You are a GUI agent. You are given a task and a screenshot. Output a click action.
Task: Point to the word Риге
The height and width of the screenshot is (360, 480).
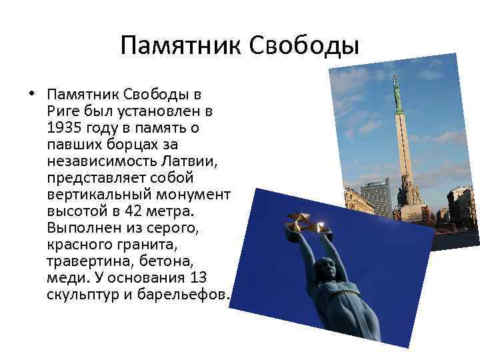[x=64, y=110]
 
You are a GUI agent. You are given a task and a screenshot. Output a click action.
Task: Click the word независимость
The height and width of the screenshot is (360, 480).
[x=99, y=161]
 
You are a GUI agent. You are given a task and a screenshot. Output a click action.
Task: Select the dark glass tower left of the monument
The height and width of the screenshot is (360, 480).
[x=375, y=197]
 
